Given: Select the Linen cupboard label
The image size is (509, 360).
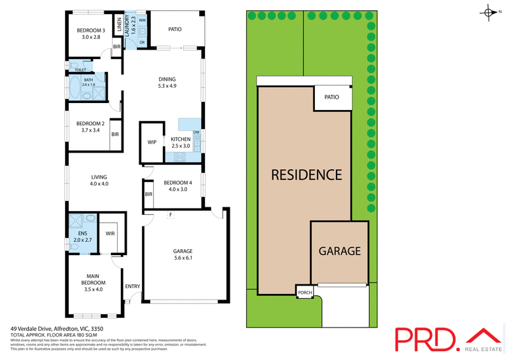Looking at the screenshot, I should pos(119,26).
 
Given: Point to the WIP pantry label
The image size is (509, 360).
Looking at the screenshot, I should pos(152,142).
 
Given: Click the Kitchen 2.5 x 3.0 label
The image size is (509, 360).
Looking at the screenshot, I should pos(180,142).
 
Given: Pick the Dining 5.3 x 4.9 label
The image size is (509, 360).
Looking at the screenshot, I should pos(168,83).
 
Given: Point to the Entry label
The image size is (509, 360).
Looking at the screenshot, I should pos(132,286).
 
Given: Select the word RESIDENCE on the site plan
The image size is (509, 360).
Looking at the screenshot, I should pos(307,175).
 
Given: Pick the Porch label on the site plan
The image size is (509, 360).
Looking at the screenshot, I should pos(304,293).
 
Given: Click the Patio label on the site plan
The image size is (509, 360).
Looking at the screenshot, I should pos(332,97).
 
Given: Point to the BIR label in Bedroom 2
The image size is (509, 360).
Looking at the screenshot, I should pos(115,134).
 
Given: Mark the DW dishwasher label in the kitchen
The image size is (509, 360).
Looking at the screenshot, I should pos(197,132).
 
